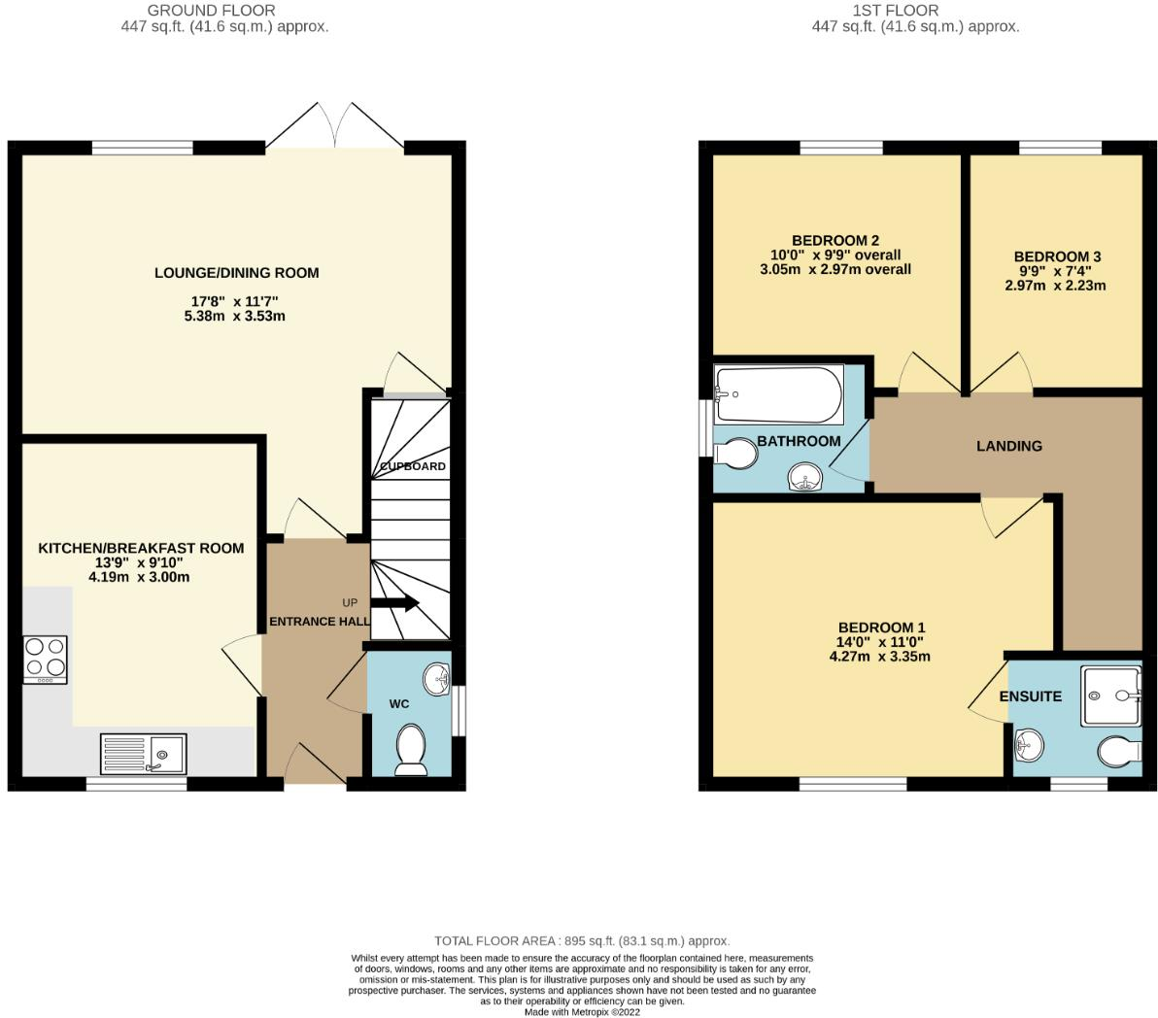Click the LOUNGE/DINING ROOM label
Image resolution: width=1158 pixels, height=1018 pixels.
[236, 273]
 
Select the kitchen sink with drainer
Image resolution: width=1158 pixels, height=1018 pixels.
[143, 753]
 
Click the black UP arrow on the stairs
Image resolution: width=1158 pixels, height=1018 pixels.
[394, 602]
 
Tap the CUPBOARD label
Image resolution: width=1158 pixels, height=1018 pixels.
[413, 466]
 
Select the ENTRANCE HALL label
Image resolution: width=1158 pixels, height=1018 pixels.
[319, 622]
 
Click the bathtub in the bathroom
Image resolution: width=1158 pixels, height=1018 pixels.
[778, 394]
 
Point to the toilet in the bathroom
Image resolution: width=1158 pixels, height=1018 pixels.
[735, 454]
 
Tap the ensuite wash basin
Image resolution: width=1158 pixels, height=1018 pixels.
[1029, 746]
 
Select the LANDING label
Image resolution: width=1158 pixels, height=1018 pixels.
[1009, 446]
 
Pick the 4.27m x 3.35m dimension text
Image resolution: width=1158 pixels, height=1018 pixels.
[879, 656]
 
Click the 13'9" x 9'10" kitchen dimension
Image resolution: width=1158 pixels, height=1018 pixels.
[140, 562]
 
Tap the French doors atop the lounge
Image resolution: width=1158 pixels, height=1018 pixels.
[334, 126]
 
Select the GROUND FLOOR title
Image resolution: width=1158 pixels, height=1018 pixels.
[211, 11]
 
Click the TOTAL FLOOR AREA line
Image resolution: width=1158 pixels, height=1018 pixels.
[581, 940]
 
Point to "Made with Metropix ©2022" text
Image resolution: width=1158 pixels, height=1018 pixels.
[582, 1011]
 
